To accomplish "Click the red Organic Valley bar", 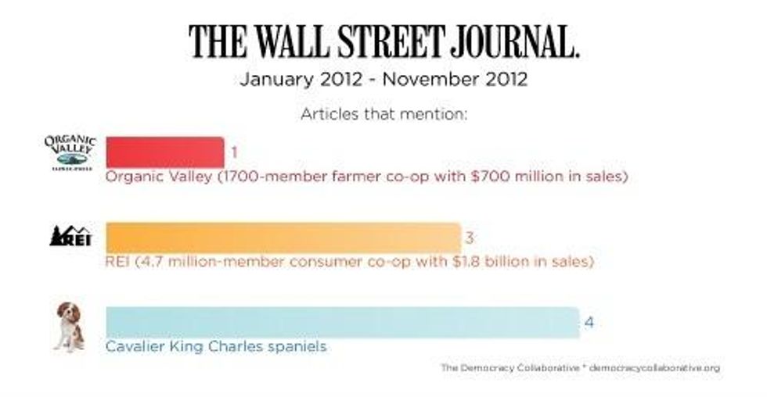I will (164, 152).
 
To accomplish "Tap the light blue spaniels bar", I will (342, 322).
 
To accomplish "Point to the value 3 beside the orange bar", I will (470, 237).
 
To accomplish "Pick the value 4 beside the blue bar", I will (589, 322).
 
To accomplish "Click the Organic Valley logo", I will (70, 151).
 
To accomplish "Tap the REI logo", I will (70, 235).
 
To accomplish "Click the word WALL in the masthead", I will (295, 43).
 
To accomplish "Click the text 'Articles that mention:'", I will (383, 114).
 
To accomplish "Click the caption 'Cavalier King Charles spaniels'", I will (216, 345).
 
